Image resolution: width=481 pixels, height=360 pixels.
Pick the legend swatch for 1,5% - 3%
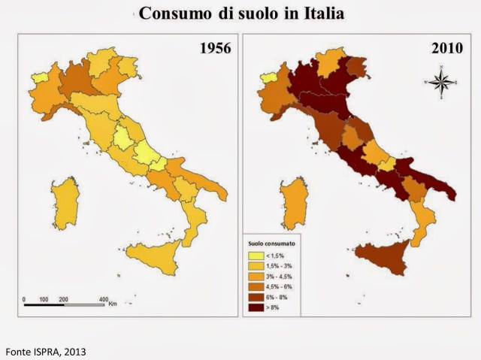pos(258,266)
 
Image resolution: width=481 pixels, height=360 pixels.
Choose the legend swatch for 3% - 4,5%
pos(258,277)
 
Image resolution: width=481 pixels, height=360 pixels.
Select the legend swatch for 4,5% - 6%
pos(258,286)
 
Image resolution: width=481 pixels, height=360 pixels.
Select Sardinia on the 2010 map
pos(292,203)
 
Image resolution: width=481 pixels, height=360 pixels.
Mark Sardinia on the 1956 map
pos(66,203)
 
